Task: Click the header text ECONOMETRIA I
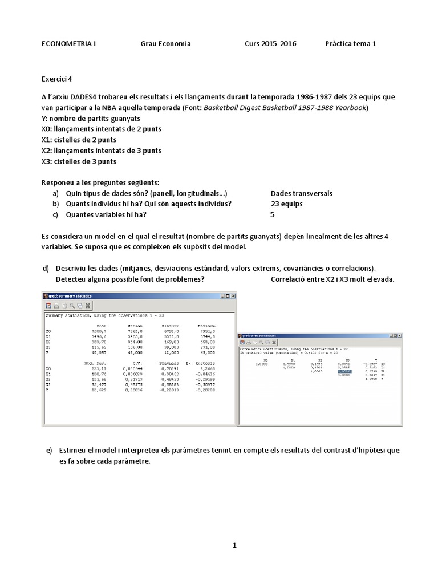click(68, 44)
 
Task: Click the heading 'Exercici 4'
click(57, 79)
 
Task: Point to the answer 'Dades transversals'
click(301, 193)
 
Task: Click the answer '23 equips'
click(286, 204)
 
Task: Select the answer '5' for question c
click(272, 215)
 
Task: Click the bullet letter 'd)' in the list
click(46, 268)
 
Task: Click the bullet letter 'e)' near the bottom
click(49, 450)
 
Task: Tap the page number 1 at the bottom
click(234, 546)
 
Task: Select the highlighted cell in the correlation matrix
click(344, 371)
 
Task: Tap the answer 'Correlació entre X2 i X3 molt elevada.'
click(332, 279)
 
